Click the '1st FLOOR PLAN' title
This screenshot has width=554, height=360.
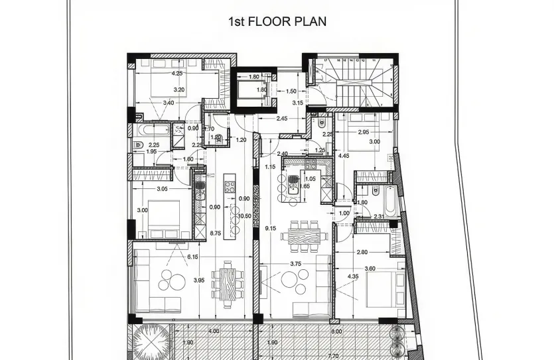pyautogui.click(x=277, y=22)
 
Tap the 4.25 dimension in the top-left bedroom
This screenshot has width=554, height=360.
pyautogui.click(x=177, y=74)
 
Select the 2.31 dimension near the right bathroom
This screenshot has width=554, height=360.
pyautogui.click(x=378, y=217)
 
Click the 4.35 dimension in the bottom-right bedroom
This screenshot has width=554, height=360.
pyautogui.click(x=353, y=276)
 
